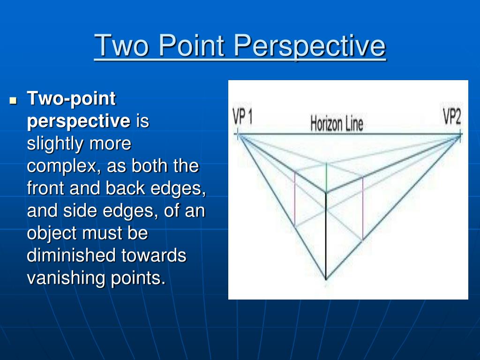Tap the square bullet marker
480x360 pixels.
point(13,100)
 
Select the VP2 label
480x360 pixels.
point(452,116)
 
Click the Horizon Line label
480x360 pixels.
point(337,124)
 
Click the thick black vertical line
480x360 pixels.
point(326,234)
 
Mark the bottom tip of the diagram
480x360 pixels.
point(326,279)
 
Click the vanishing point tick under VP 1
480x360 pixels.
point(238,135)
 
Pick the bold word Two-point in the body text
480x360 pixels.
point(71,99)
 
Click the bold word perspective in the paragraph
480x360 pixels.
point(78,121)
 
